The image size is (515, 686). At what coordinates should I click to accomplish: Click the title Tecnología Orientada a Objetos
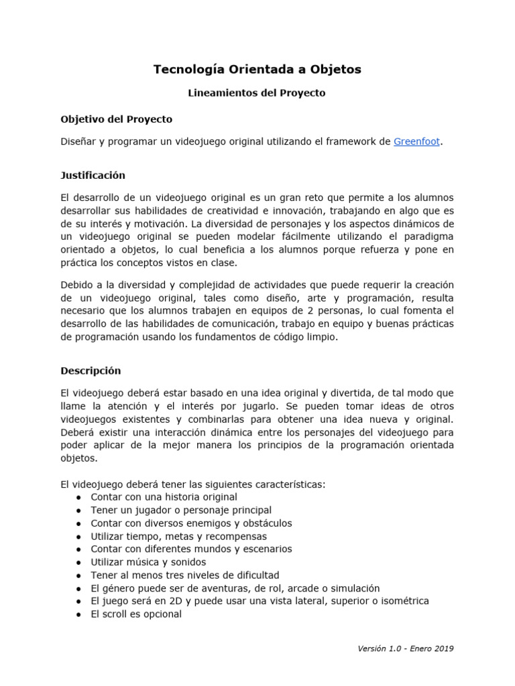click(x=257, y=69)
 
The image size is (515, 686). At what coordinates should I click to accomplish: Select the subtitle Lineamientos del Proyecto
click(x=257, y=93)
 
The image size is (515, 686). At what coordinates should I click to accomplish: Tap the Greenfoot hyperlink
click(x=417, y=141)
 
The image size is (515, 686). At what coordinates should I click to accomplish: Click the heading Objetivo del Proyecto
click(x=116, y=119)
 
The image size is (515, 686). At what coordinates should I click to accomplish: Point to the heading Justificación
click(x=93, y=176)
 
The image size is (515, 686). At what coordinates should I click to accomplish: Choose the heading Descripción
click(x=91, y=370)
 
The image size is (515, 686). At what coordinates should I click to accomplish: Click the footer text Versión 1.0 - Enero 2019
click(x=406, y=648)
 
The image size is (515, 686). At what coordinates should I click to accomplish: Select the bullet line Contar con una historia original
click(x=164, y=497)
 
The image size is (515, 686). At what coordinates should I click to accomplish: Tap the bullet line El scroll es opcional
click(x=136, y=614)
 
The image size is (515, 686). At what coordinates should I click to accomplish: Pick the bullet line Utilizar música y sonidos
click(x=148, y=562)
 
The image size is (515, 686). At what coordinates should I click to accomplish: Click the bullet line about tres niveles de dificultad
click(x=185, y=575)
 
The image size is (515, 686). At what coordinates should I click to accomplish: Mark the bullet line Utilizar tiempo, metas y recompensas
click(x=178, y=536)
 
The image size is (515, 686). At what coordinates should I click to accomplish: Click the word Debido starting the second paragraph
click(x=77, y=285)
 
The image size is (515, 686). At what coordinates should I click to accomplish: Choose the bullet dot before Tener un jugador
click(x=79, y=510)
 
